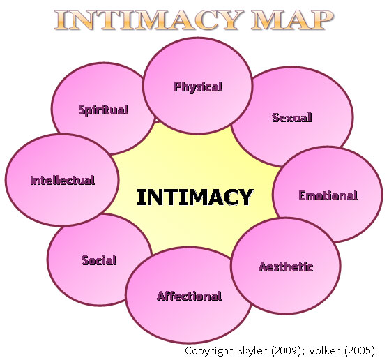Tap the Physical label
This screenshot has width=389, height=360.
pos(198,87)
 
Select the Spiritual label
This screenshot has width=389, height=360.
pos(103,110)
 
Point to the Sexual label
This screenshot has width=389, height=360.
pos(292,117)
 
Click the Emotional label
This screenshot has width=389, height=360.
pos(328,195)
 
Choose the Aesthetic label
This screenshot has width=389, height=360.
pos(286,267)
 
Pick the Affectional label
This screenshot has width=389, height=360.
pos(190,296)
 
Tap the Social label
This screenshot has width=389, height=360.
pos(99,260)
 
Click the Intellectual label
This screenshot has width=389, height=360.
pos(63,180)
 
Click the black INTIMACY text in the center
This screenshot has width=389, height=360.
pos(195,197)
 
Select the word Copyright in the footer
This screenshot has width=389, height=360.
pos(210,351)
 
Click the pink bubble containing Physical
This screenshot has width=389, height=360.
pos(198,86)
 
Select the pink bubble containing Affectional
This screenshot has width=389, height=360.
pos(188,295)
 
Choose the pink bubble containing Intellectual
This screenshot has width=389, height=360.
pos(62,180)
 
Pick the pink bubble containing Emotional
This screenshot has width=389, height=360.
pos(328,195)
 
